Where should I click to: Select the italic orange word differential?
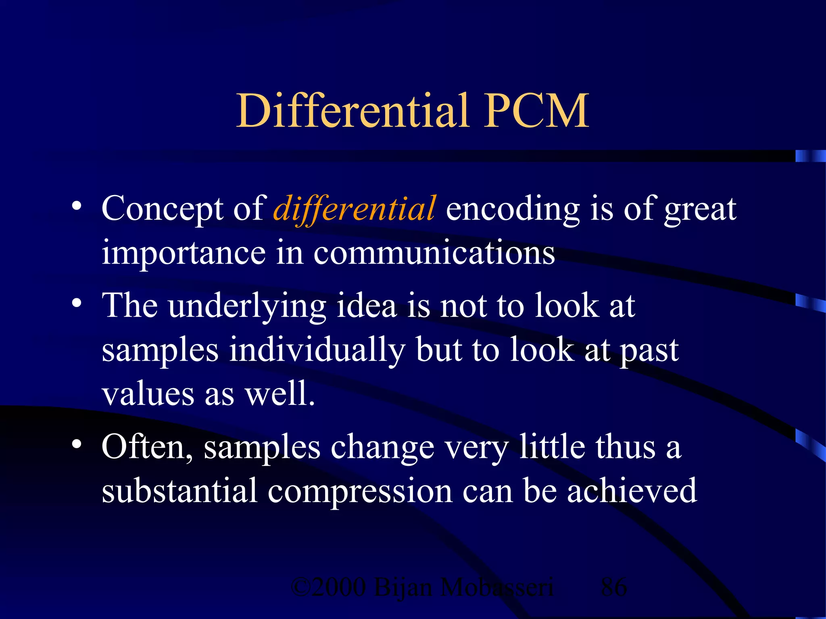(354, 209)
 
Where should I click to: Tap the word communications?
(434, 253)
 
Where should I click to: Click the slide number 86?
(613, 587)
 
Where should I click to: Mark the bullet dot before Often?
(77, 445)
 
